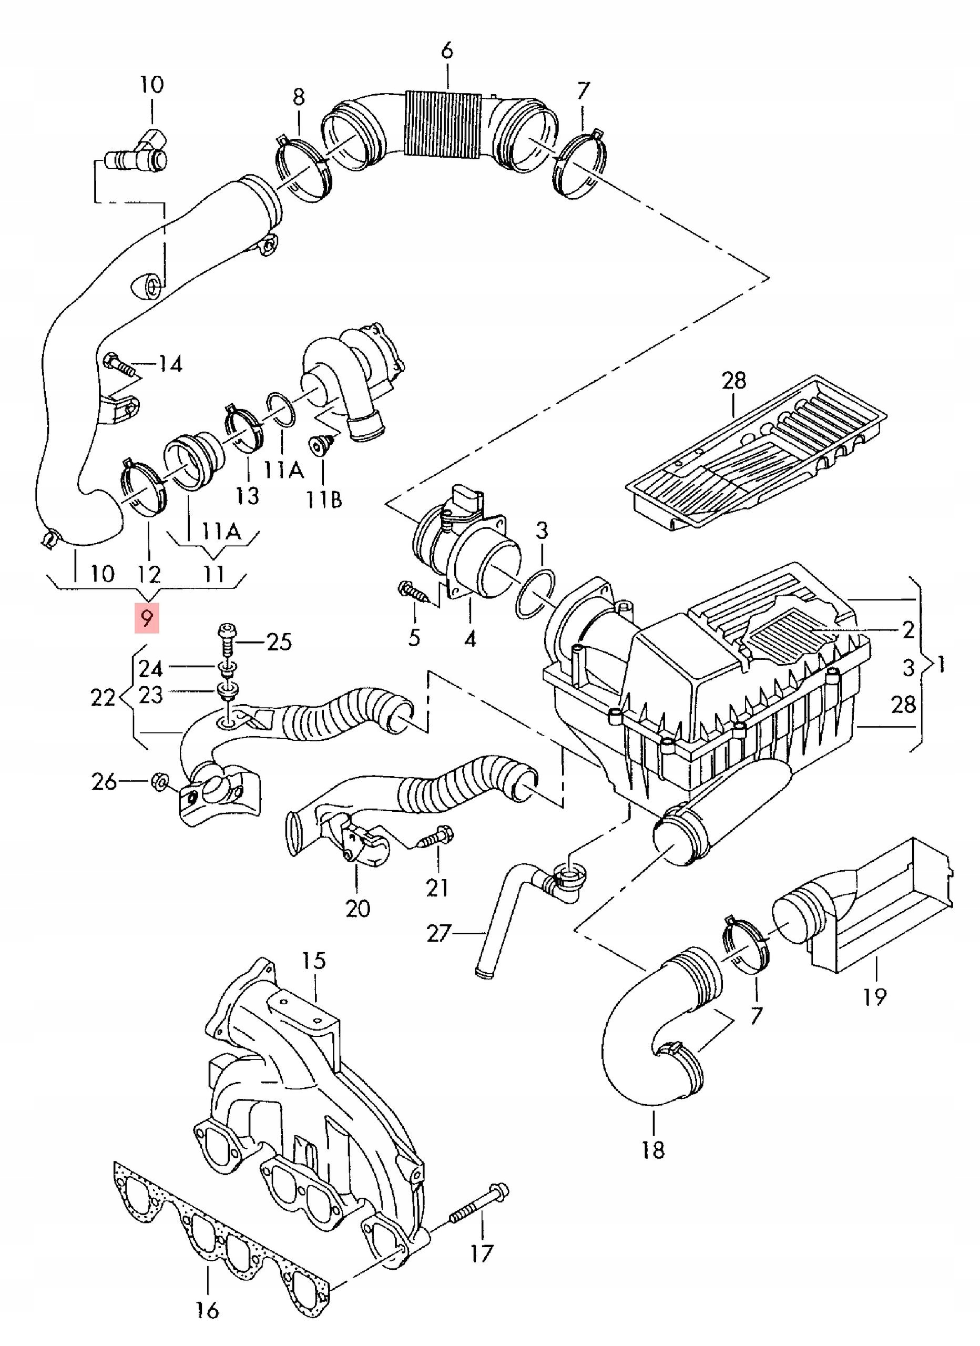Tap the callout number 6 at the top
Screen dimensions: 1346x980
(x=447, y=50)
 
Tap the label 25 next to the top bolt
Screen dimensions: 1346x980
(x=279, y=642)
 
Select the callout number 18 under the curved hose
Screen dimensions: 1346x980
(x=653, y=1167)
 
